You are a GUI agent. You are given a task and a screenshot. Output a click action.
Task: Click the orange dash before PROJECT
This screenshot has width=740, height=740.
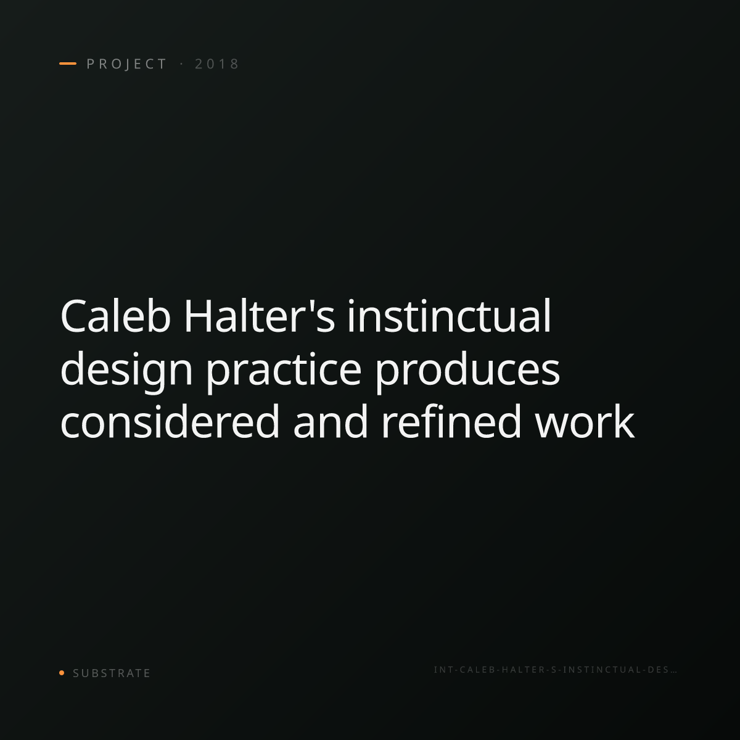coord(68,64)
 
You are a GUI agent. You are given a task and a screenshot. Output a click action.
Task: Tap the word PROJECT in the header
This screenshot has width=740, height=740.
coord(127,64)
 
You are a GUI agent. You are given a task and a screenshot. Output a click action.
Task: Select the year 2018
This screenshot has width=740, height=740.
coord(217,64)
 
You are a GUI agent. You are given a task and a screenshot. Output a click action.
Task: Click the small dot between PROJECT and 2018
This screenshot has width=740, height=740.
coord(181,64)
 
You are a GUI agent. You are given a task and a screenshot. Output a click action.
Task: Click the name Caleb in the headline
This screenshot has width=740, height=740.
coord(115,316)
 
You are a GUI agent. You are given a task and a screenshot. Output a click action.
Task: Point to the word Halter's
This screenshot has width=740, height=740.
coord(260,316)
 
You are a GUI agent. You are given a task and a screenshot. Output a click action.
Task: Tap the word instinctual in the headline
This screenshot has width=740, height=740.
coord(450,316)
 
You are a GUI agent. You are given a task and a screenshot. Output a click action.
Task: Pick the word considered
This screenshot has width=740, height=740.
coord(170,421)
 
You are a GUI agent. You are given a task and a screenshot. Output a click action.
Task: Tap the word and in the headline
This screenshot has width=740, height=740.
coord(331,421)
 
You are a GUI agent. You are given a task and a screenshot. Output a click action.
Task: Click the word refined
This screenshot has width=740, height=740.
coord(451,421)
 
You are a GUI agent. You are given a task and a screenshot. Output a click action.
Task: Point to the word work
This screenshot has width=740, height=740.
coord(585,421)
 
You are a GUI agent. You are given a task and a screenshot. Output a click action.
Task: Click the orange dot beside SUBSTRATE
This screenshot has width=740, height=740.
coord(62,672)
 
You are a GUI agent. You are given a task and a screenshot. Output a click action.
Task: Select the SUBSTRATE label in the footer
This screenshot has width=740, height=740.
coord(112,673)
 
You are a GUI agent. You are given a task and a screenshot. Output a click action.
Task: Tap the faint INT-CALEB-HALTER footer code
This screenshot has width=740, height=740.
coord(555,670)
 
